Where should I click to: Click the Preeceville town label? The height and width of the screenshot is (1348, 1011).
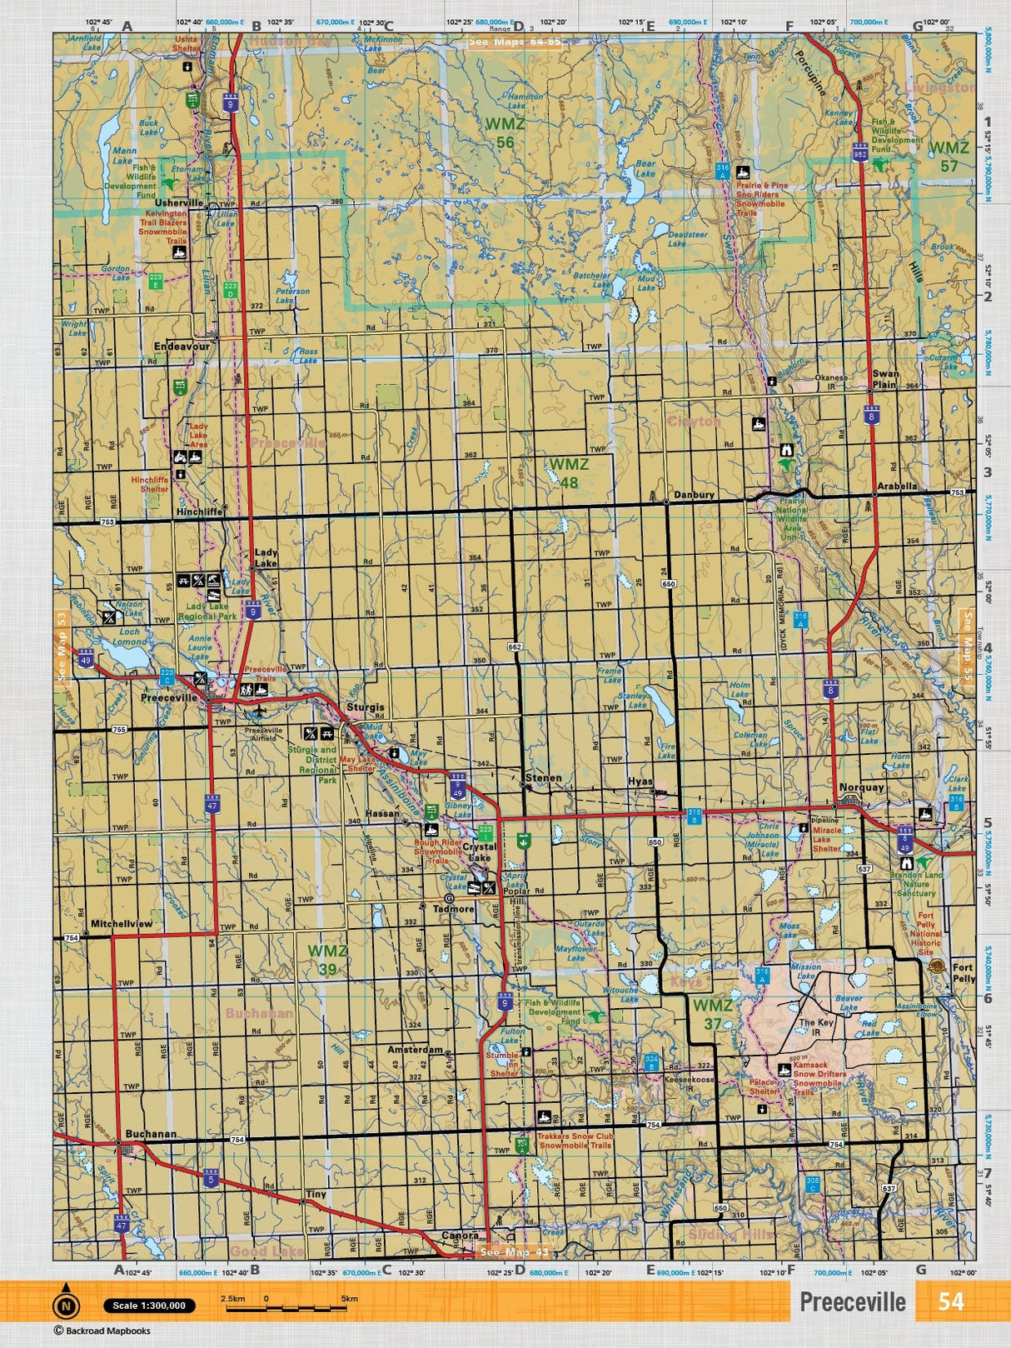point(169,698)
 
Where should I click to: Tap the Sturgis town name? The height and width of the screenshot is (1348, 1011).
point(366,707)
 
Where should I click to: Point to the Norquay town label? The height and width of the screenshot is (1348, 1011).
point(863,787)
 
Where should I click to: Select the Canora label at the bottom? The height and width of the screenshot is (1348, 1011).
point(460,1236)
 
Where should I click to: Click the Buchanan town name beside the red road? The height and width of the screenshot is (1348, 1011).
point(151,1134)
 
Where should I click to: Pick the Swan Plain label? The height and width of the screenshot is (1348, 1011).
point(885,379)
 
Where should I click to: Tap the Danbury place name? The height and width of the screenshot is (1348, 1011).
point(694,495)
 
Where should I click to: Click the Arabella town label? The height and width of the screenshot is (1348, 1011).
point(897,486)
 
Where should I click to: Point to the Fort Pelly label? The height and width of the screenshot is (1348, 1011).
point(963,973)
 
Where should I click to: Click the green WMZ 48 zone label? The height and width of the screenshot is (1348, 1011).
point(569,472)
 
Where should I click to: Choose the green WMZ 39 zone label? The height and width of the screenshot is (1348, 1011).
point(326,960)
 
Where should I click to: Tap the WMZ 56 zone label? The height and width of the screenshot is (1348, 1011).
point(505,133)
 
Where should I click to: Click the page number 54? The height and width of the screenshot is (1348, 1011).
point(950,1301)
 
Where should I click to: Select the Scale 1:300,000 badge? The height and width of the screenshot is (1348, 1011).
point(149,1306)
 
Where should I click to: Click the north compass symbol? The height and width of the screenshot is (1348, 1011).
point(66,1306)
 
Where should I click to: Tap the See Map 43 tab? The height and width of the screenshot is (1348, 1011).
point(515,1251)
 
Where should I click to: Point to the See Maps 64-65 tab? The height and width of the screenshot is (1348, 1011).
point(514,42)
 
